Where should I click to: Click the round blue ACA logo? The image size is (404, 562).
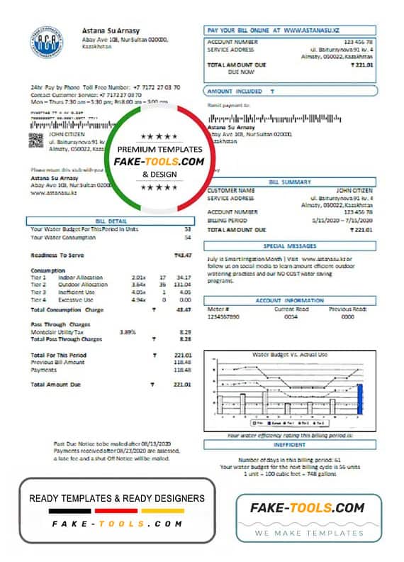pos(47,42)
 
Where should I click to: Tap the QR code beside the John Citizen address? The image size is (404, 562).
pos(36,139)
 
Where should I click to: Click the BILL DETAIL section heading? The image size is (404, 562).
pos(110,221)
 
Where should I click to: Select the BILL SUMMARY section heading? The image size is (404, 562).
pos(289,182)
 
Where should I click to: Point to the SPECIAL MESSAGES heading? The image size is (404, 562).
pos(289,246)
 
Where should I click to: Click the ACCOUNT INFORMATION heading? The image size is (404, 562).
pos(289,301)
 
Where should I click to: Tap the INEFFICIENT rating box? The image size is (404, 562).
pos(289,444)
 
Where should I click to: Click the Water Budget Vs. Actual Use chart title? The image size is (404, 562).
pos(289,354)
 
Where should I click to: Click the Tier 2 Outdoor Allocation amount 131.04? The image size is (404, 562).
pos(182,284)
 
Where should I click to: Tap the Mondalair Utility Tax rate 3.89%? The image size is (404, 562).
pos(128,331)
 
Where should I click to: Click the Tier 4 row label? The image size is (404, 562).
pos(38,299)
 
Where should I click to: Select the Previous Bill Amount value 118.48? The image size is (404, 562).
pos(182,362)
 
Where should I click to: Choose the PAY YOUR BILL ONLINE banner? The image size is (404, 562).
pos(289,31)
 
